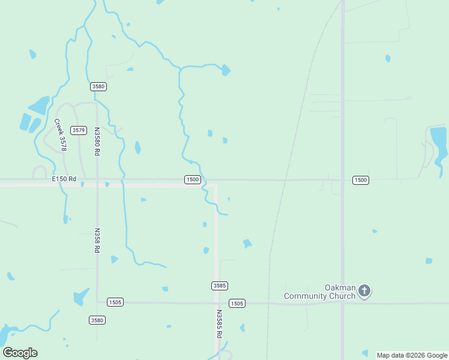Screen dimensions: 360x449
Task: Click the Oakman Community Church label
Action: click(320, 292)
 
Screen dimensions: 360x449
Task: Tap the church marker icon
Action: click(364, 292)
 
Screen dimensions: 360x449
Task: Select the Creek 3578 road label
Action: click(59, 134)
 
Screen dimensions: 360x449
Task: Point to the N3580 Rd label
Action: click(97, 142)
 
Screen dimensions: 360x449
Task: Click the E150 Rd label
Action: click(64, 179)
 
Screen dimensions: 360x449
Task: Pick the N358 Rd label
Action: click(97, 240)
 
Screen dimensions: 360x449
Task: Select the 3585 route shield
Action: click(220, 286)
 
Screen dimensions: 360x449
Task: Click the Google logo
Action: click(20, 353)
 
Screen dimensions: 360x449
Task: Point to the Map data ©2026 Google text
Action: click(412, 355)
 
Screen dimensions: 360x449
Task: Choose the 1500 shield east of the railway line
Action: click(360, 180)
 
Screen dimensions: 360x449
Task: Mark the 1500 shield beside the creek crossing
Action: click(192, 180)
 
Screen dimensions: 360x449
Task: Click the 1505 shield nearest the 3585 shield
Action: click(237, 304)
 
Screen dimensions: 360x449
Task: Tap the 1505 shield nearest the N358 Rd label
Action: click(115, 302)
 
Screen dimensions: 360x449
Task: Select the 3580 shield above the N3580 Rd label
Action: click(98, 86)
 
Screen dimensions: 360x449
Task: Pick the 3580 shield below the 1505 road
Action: click(97, 320)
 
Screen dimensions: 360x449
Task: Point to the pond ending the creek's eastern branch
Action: click(225, 70)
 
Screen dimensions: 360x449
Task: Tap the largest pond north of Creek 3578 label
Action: click(40, 106)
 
